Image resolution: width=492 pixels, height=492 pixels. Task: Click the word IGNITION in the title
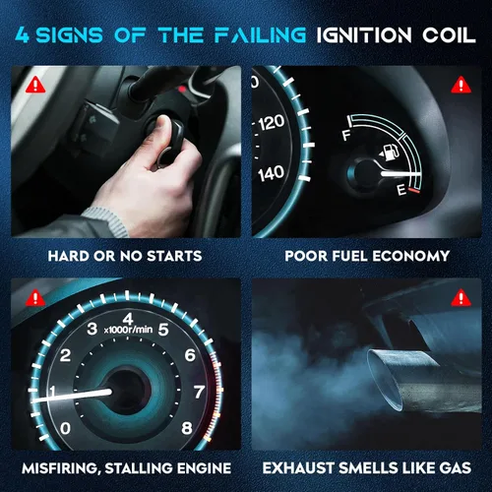pos(364,35)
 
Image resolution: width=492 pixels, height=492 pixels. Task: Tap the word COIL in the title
pos(449,35)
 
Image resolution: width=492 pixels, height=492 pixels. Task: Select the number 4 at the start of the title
pos(23,35)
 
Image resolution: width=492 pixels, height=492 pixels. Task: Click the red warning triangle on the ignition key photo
pos(35,85)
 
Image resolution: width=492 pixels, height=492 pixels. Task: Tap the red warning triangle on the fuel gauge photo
pos(461,85)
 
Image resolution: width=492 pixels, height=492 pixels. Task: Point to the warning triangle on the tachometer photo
pos(35,298)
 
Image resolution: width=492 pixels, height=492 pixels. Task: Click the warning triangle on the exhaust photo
pos(461,298)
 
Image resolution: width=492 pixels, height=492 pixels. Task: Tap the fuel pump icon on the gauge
pos(390,153)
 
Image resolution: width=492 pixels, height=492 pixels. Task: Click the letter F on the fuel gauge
pos(346,135)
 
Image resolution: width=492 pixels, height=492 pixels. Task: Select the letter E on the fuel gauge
pos(401,190)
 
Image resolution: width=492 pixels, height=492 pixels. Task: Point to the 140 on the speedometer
pos(271,173)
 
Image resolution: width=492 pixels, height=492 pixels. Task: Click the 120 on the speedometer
pos(272,122)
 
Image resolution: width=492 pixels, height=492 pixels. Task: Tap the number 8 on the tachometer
pos(187,428)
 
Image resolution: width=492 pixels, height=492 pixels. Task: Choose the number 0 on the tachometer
pos(65,428)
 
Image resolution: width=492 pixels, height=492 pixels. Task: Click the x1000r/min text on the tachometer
pos(128,330)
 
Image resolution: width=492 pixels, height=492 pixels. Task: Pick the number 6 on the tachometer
pos(190,355)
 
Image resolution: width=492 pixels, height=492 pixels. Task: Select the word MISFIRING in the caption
pos(61,468)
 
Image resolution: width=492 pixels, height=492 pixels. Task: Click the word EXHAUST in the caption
pos(298,468)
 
